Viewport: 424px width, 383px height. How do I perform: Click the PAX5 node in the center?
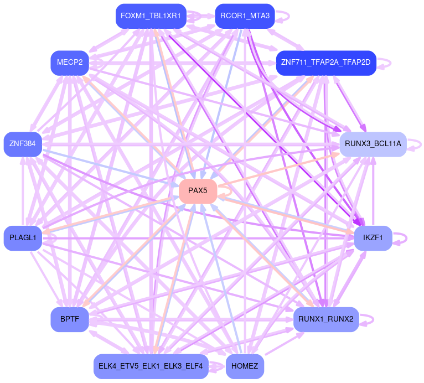(198, 191)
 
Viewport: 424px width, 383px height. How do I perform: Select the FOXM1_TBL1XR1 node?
(151, 15)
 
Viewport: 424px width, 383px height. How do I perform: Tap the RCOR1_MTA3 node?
(244, 15)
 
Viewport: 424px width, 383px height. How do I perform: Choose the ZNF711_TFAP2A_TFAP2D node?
(325, 62)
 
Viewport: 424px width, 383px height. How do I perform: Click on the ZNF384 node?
(22, 144)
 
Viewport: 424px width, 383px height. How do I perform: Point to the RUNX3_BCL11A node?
(373, 144)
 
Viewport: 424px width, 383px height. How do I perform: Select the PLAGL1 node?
(23, 238)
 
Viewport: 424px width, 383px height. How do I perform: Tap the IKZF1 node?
(373, 238)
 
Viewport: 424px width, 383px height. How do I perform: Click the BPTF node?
(70, 319)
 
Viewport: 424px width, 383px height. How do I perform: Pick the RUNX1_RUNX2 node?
(325, 319)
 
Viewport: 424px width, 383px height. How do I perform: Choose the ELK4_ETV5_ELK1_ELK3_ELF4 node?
(151, 366)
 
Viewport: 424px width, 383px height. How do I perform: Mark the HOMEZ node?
(245, 366)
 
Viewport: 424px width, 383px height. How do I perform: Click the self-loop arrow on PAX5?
(224, 191)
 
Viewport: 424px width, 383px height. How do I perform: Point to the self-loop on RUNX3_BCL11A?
(415, 144)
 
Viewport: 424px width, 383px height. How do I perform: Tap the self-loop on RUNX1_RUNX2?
(369, 319)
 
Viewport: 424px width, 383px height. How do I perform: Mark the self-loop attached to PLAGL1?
(51, 238)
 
